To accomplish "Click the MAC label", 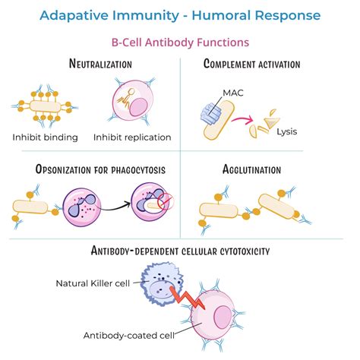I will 233,93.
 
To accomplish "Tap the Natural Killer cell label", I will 90,283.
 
